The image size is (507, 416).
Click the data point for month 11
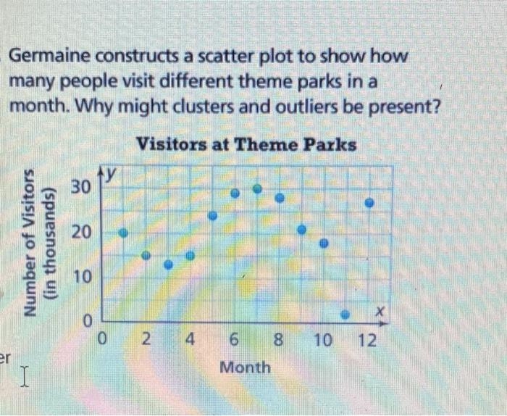click(345, 314)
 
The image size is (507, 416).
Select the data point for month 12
click(369, 203)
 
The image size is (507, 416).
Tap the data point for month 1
click(124, 233)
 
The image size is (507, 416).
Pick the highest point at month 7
click(257, 188)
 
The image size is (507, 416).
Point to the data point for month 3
click(169, 265)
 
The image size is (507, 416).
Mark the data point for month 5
click(213, 215)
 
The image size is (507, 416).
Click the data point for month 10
click(324, 243)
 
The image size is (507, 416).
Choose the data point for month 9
click(302, 230)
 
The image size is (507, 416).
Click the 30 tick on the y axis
click(81, 187)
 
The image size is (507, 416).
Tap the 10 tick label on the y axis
click(83, 277)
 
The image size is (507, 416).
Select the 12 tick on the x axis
click(368, 341)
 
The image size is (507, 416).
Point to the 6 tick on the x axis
click(234, 340)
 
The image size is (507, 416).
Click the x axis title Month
click(245, 367)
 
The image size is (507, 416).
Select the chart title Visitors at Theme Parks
click(246, 144)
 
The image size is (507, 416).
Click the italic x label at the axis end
click(380, 312)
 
